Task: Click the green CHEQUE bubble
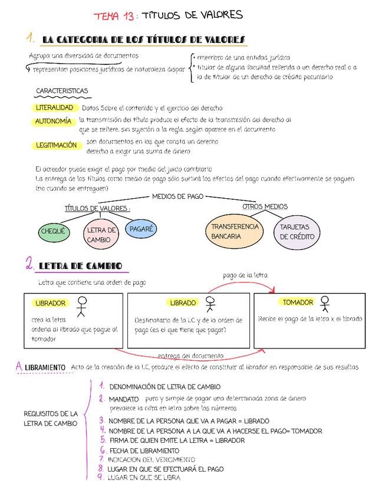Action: tap(52, 232)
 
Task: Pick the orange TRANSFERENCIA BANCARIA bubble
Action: tap(235, 231)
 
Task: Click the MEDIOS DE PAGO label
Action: tap(177, 196)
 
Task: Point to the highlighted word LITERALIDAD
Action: tap(54, 108)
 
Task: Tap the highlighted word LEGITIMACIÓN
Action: tap(56, 145)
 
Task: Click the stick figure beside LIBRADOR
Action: tap(82, 307)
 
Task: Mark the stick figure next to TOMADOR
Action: tap(324, 304)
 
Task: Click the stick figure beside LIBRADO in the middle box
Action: tap(210, 304)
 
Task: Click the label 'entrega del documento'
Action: tap(190, 356)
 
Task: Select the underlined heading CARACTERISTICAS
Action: tap(62, 91)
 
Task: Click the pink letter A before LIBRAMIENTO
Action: tap(19, 367)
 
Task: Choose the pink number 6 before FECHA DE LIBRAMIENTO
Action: tap(102, 450)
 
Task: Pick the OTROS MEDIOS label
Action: tap(265, 206)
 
